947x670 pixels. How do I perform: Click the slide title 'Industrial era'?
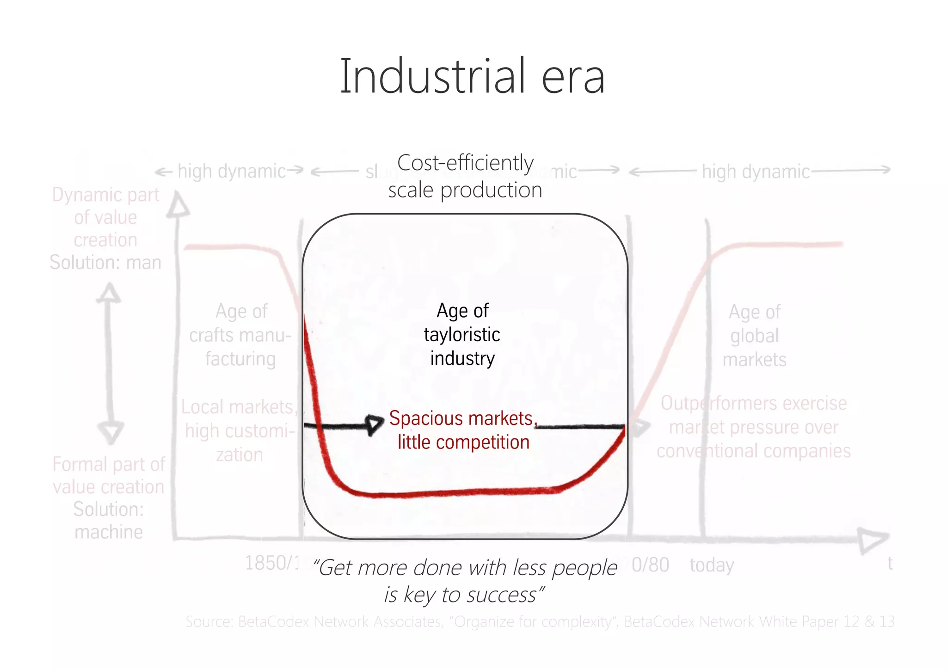point(472,76)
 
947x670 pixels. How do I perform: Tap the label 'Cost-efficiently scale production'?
point(465,176)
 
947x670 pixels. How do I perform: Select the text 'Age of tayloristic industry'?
point(462,334)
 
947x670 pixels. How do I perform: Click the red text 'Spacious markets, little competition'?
point(463,430)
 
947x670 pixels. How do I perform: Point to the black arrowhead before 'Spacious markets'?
point(375,424)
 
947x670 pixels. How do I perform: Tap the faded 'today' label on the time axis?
point(712,565)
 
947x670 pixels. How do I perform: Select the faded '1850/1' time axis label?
point(272,563)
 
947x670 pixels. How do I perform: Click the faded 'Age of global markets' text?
point(754,336)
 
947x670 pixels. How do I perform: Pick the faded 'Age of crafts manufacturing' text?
point(240,335)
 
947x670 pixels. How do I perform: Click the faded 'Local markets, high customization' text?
point(239,430)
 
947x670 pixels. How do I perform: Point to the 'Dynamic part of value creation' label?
point(105,217)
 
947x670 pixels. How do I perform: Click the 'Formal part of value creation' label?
point(109,475)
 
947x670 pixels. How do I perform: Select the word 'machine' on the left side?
point(109,532)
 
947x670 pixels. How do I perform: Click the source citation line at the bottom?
point(540,621)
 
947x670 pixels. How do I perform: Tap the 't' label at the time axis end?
point(890,563)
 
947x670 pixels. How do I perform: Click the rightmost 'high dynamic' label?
point(756,172)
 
